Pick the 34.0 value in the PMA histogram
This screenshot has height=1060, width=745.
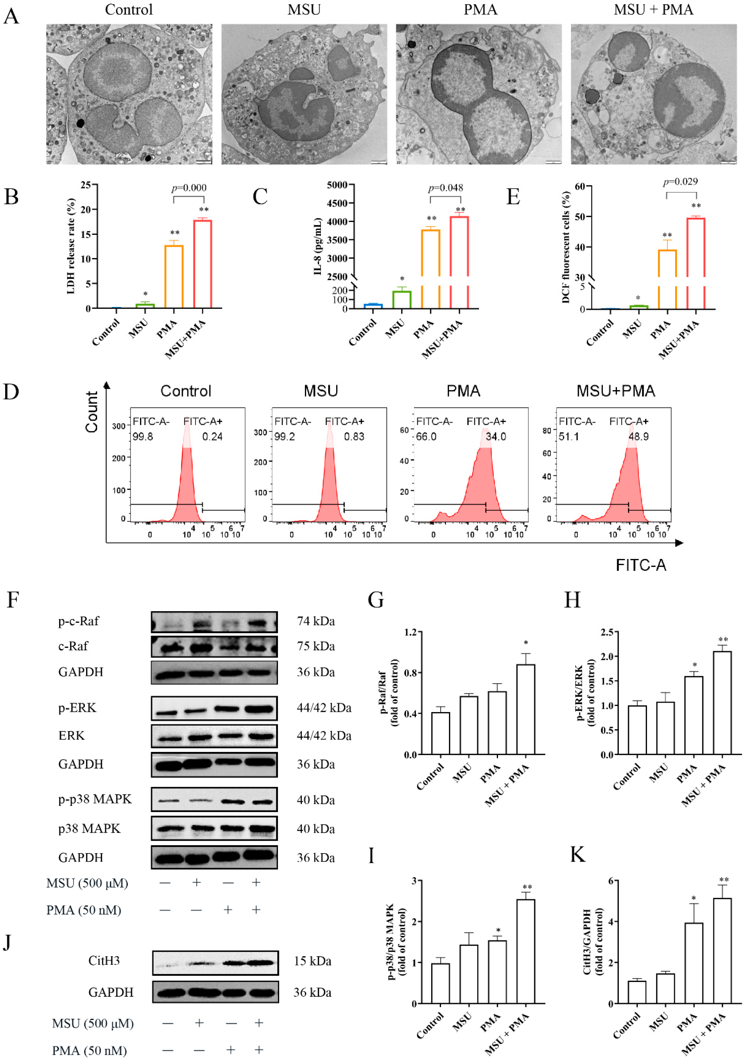point(496,436)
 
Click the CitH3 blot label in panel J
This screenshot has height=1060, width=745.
point(104,961)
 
